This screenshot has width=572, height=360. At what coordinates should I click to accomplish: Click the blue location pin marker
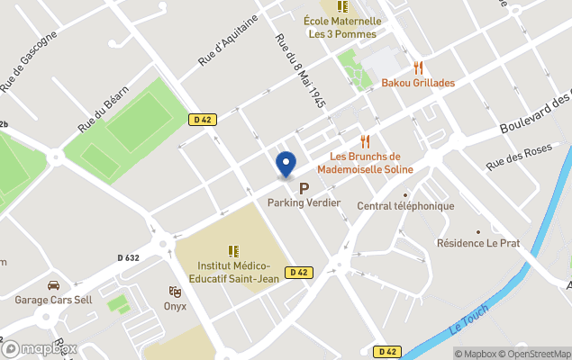point(286,164)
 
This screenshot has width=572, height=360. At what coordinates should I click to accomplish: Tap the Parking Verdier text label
point(304,202)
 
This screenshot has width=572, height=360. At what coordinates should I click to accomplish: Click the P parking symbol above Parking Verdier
point(304,188)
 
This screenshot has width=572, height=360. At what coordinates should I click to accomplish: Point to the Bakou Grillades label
point(418,83)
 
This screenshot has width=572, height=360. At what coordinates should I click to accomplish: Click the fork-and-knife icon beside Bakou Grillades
point(418,67)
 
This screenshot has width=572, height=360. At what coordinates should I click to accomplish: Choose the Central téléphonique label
point(404,206)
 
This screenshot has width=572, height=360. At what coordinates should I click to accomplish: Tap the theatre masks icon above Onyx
point(175,292)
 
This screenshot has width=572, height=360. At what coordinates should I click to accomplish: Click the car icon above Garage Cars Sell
point(53,285)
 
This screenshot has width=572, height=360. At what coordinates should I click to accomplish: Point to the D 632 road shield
point(128,257)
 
